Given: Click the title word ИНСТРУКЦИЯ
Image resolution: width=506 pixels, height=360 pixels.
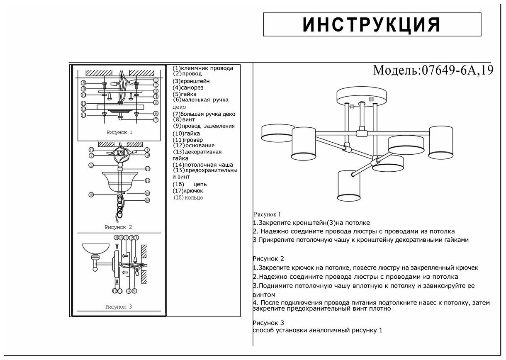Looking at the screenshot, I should point(372,25).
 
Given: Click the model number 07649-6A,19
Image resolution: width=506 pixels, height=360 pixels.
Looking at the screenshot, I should point(457,70).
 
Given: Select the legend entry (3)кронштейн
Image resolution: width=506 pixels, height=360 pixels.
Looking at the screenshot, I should point(191,81).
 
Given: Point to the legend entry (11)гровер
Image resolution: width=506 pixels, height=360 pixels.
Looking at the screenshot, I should point(188,140).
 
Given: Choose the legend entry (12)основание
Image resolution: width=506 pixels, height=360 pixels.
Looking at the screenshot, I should point(194,146).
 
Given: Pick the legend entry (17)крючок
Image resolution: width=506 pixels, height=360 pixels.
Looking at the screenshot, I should point(188,191).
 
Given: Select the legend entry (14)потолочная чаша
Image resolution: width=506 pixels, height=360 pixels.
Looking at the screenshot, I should point(203,165).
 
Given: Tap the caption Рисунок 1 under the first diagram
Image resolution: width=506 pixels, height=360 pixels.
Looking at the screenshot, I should point(119,133).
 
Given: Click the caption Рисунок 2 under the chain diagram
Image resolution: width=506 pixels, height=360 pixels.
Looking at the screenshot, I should point(118,227).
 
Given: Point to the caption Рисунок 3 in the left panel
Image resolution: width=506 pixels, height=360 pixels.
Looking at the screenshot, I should point(119,307).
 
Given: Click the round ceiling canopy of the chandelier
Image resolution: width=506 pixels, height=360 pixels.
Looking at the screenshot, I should point(361,96).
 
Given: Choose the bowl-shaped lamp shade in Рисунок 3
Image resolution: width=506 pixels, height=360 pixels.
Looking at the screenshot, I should point(95,249).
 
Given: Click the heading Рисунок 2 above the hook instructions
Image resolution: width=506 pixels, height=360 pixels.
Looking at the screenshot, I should point(268,259).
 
